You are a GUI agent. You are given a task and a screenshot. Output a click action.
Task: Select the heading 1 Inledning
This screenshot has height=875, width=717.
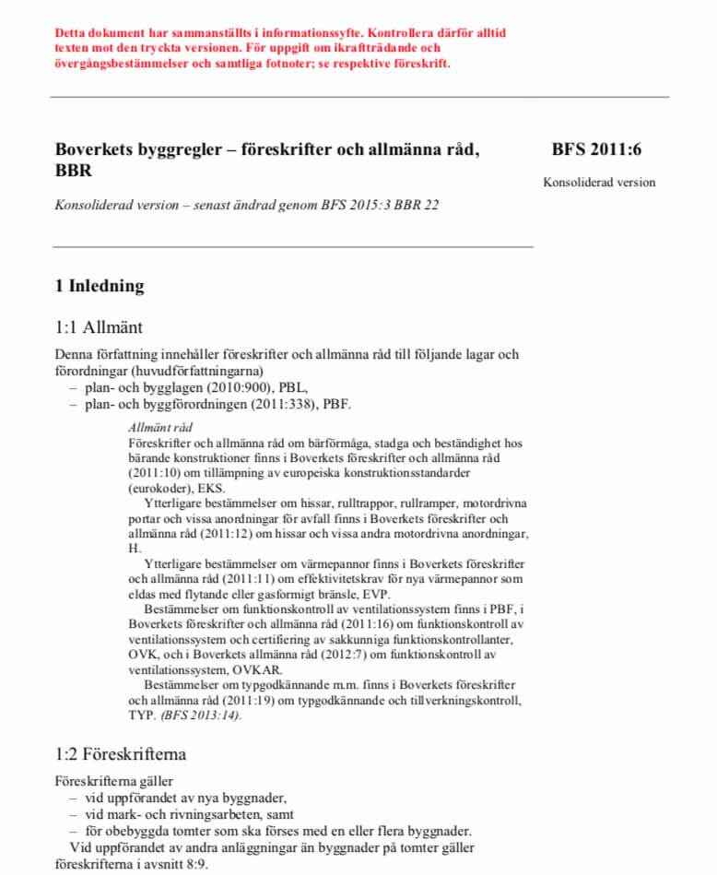pos(100,286)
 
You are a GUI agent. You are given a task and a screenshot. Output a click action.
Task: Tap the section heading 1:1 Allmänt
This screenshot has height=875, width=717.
pos(99,326)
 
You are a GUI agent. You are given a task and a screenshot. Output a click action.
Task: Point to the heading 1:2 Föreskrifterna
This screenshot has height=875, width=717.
pos(121,753)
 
